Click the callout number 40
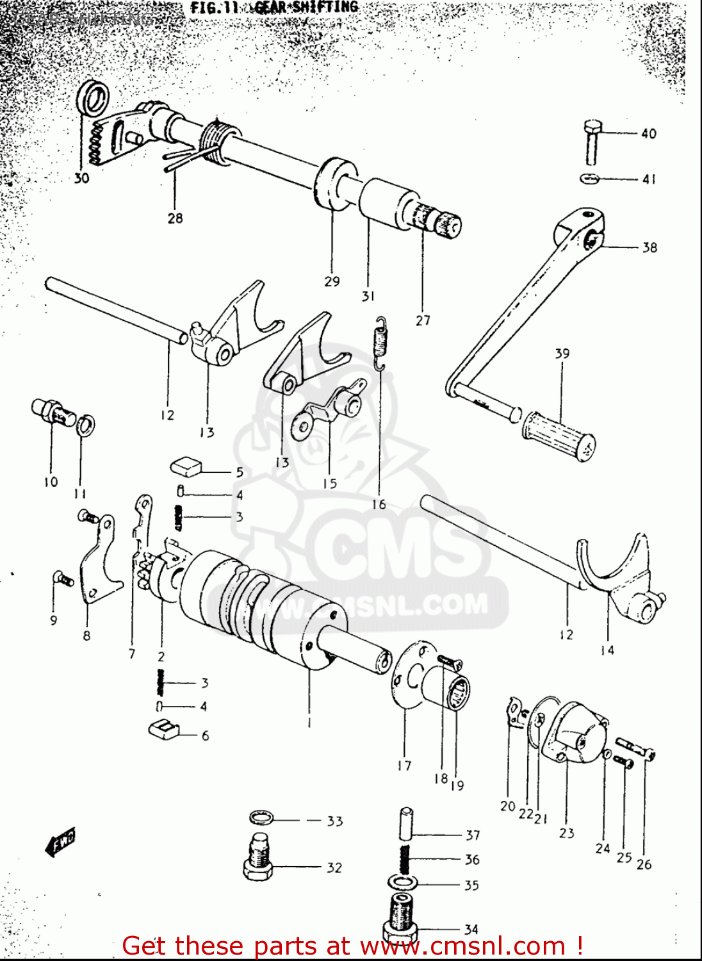click(648, 133)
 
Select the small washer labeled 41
click(590, 178)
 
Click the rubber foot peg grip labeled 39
click(559, 435)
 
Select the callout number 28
click(175, 218)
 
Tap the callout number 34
click(471, 929)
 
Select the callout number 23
click(566, 833)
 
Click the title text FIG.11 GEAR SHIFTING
click(274, 8)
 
